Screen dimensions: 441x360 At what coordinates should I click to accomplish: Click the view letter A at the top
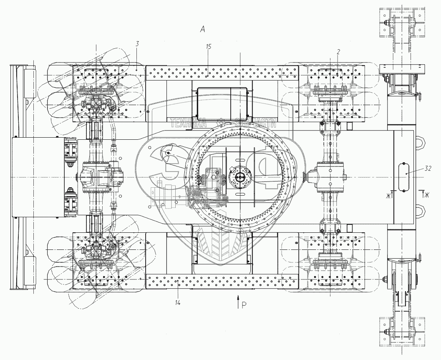[x=203, y=29]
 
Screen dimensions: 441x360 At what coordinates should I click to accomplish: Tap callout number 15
[x=209, y=47]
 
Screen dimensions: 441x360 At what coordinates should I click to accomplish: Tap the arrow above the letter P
[x=238, y=301]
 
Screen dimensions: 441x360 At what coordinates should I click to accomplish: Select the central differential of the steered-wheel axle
[x=97, y=177]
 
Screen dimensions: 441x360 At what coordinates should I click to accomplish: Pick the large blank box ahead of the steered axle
[x=38, y=178]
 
